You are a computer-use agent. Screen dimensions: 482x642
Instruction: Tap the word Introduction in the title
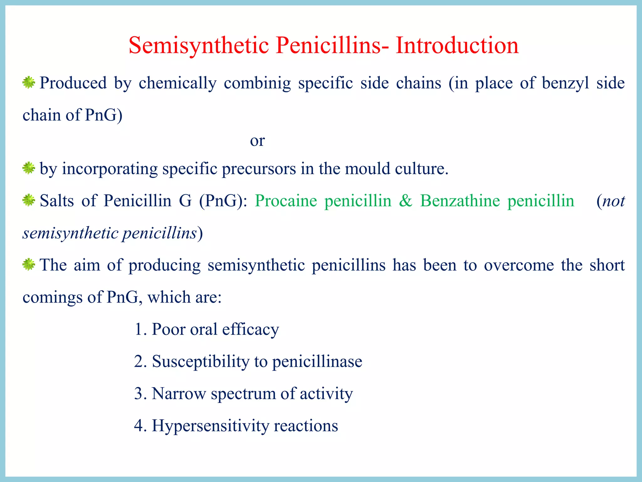(x=457, y=46)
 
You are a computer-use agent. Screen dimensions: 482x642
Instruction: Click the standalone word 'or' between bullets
(x=257, y=141)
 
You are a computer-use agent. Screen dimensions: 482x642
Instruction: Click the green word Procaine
(x=286, y=201)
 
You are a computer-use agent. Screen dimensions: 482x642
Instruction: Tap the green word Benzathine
(x=460, y=201)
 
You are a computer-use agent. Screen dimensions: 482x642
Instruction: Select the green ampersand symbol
(x=406, y=201)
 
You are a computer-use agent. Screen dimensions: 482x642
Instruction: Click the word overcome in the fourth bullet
(x=519, y=265)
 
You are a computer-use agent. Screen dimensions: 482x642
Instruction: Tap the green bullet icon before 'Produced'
(x=29, y=83)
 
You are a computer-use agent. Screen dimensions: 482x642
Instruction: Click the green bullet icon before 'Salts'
(x=29, y=200)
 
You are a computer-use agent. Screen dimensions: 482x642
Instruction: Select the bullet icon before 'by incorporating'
(x=29, y=168)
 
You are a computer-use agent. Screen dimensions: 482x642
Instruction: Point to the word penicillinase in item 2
(x=317, y=361)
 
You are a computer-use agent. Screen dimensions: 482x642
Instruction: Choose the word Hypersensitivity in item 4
(x=210, y=426)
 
